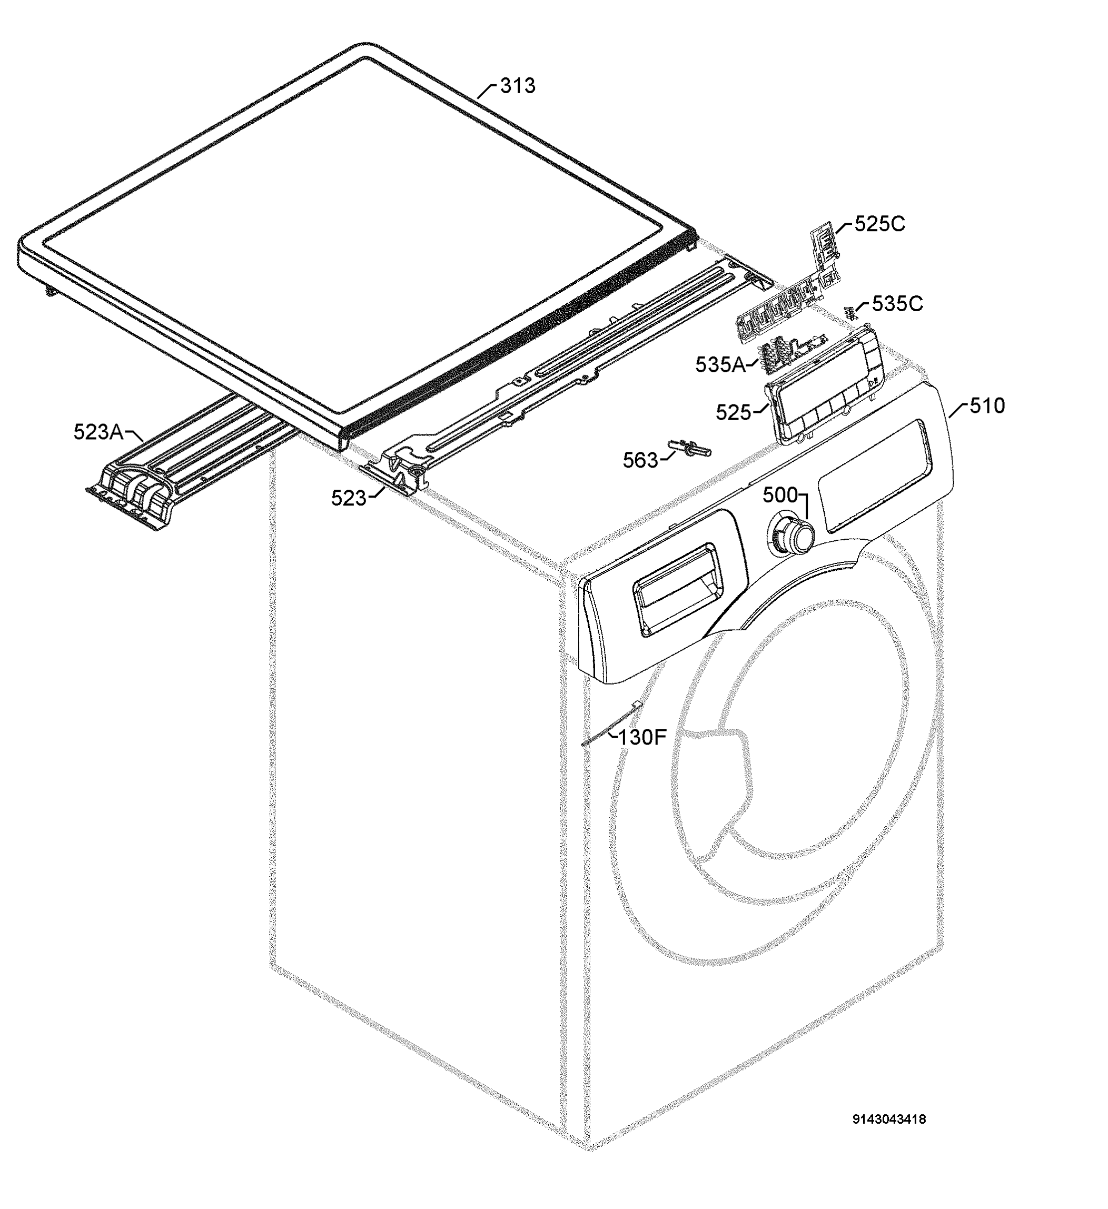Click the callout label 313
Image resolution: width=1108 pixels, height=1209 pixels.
517,86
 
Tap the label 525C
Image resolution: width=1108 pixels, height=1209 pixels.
879,224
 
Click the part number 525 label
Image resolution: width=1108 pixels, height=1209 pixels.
733,413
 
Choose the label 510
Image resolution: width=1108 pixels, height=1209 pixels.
987,407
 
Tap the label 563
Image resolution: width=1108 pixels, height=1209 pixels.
640,461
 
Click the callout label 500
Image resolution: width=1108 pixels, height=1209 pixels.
780,496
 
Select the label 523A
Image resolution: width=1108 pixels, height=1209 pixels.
98,432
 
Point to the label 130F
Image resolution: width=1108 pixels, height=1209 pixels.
642,738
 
